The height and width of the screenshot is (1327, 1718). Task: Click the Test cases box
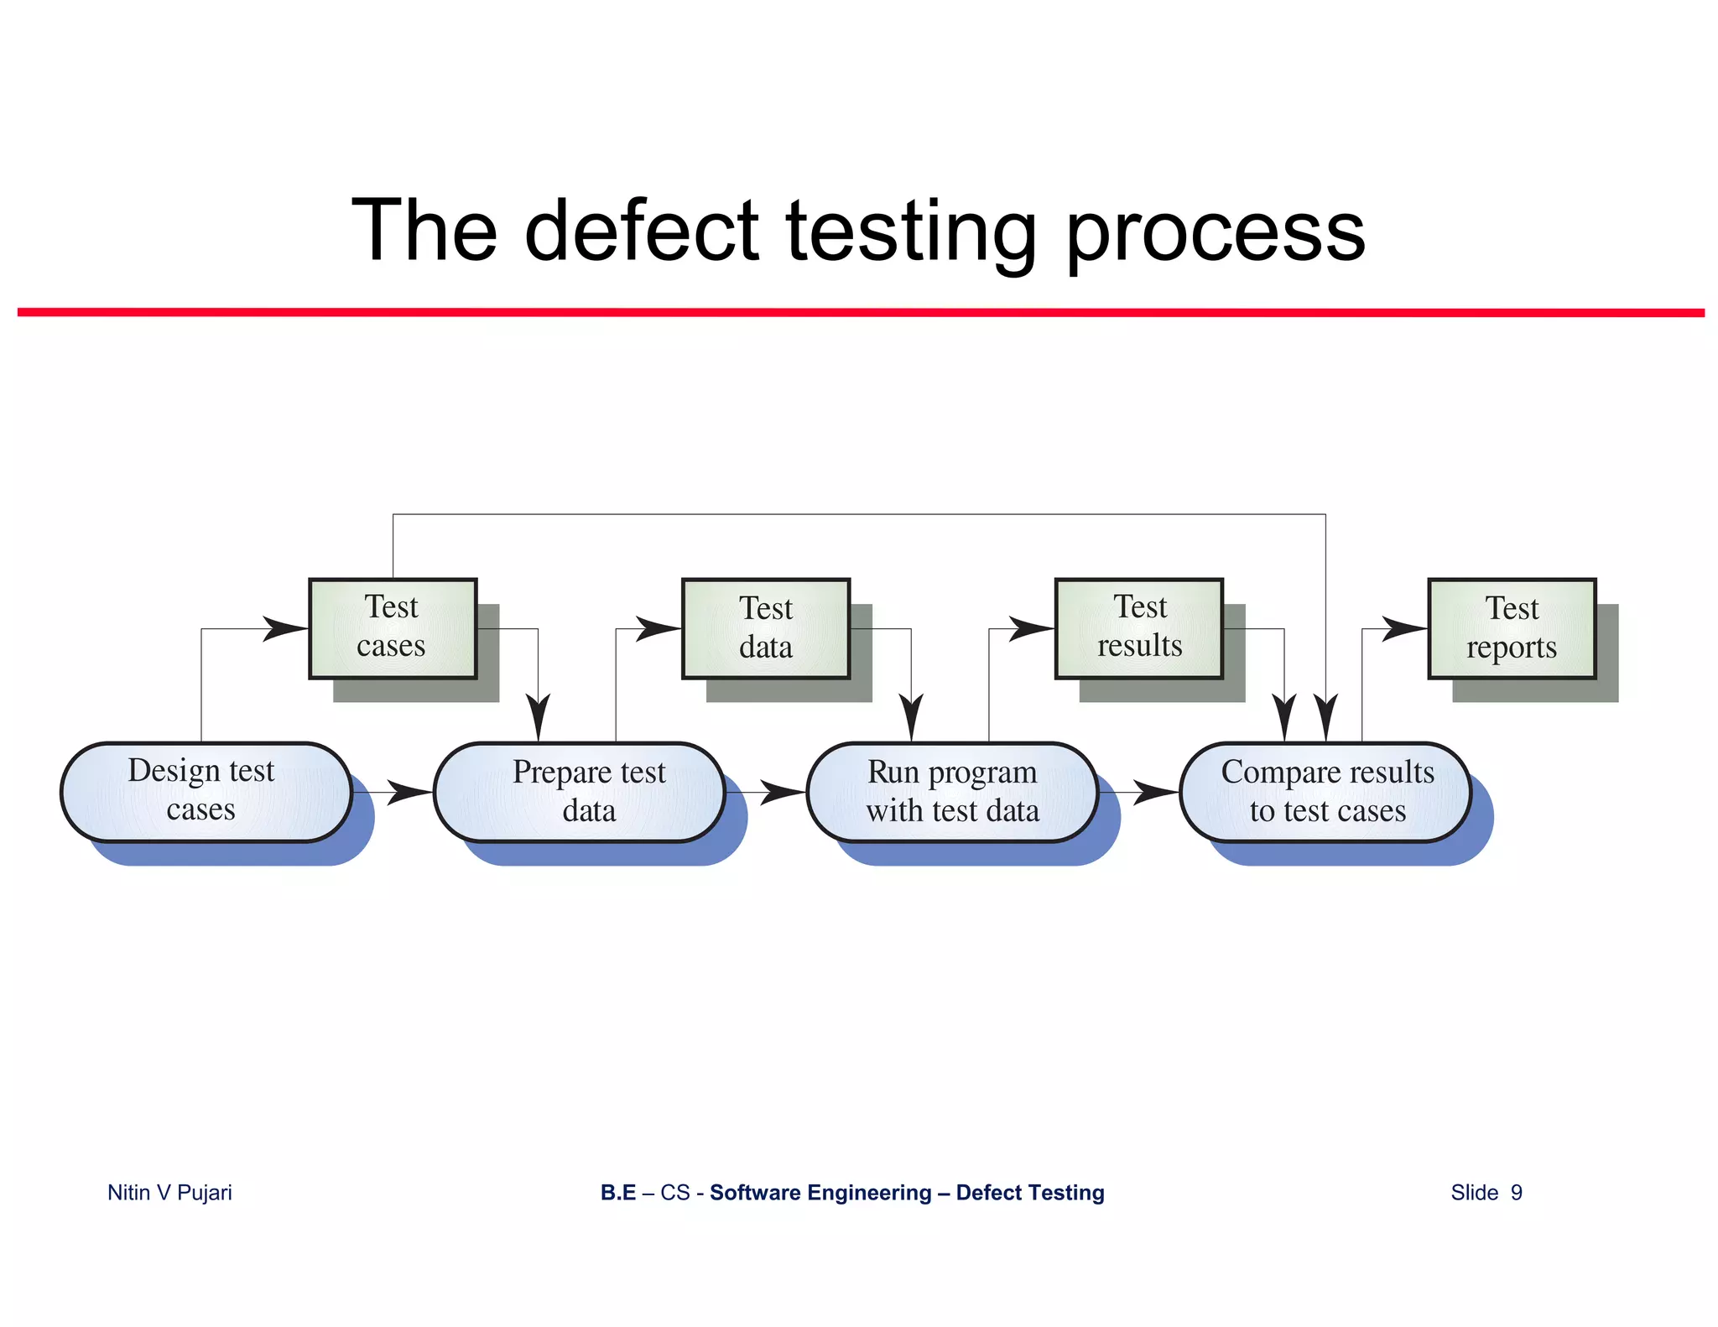pyautogui.click(x=393, y=627)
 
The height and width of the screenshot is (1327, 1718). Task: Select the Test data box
pyautogui.click(x=765, y=627)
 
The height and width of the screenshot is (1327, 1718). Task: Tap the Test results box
pyautogui.click(x=1138, y=627)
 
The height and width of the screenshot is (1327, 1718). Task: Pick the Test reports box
pyautogui.click(x=1512, y=627)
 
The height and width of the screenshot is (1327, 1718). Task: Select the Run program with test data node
pyautogui.click(x=952, y=791)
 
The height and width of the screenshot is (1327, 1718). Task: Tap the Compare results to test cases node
pyautogui.click(x=1325, y=791)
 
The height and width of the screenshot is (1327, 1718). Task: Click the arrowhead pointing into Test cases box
pyautogui.click(x=285, y=627)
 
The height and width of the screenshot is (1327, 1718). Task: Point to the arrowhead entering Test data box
pyautogui.click(x=659, y=627)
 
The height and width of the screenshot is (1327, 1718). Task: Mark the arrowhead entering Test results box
pyautogui.click(x=1032, y=627)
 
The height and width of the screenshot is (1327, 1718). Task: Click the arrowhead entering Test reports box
pyautogui.click(x=1405, y=627)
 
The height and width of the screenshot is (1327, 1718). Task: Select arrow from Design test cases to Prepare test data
pyautogui.click(x=394, y=792)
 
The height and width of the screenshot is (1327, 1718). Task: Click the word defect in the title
pyautogui.click(x=642, y=231)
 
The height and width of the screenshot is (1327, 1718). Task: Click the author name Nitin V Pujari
pyautogui.click(x=169, y=1192)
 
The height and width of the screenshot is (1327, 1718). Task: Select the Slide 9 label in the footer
pyautogui.click(x=1486, y=1192)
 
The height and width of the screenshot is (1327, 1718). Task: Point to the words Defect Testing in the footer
pyautogui.click(x=1029, y=1192)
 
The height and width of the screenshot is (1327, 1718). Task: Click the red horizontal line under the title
pyautogui.click(x=859, y=312)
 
